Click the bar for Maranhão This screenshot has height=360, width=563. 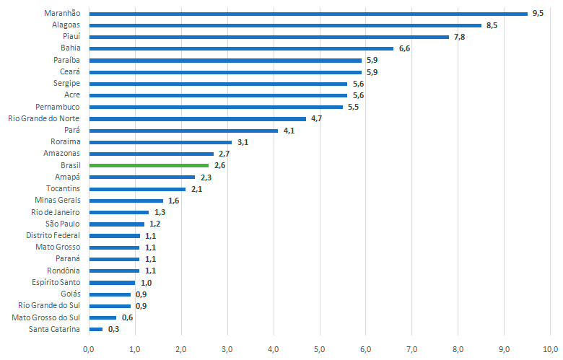coord(308,13)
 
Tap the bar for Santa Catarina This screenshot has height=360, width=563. coord(95,329)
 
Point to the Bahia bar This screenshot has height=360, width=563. coord(240,48)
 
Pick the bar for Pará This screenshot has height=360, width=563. coord(183,130)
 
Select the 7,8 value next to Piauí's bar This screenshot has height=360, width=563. coord(460,37)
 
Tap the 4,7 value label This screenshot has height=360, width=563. coord(316,118)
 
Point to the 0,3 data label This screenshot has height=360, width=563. coord(113,329)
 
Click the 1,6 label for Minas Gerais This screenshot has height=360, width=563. coord(173,201)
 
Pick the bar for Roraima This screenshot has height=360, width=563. coord(160,142)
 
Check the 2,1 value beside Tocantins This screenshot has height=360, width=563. coord(196,189)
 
